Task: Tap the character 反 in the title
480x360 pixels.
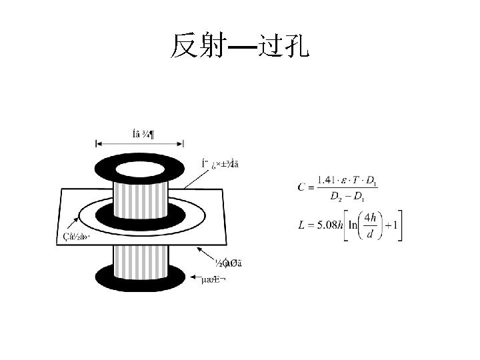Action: coord(184,45)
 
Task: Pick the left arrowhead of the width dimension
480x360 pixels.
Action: coord(98,143)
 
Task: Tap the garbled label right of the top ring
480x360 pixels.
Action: coord(219,164)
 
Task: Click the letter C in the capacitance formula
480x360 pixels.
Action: coord(302,187)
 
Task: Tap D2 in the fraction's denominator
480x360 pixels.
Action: coord(336,196)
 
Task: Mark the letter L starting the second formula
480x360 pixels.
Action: coord(302,225)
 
